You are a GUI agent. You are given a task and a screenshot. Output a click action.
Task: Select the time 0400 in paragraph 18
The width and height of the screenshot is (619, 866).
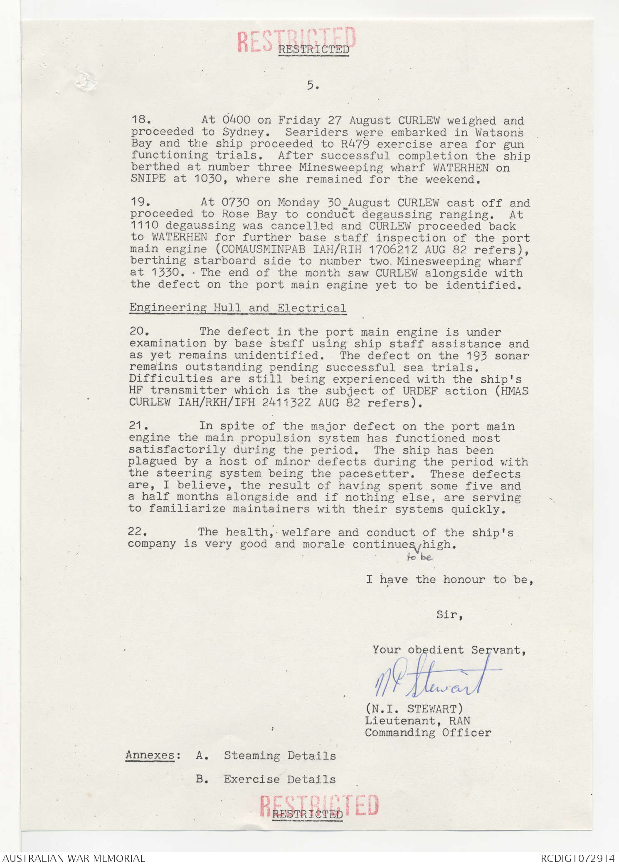coord(236,120)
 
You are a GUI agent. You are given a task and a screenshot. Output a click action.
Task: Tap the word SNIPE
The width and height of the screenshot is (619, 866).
coord(148,178)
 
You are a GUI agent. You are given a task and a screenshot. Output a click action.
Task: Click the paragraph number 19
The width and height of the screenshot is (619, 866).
coord(138,202)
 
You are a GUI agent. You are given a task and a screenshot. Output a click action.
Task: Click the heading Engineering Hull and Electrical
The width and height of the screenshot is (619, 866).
coord(237,308)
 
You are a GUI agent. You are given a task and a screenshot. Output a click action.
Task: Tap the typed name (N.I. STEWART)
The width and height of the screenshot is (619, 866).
coord(414,708)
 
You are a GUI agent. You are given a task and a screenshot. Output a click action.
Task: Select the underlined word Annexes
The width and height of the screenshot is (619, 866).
coord(150,755)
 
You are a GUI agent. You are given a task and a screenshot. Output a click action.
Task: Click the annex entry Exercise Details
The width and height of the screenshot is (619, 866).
coord(279,779)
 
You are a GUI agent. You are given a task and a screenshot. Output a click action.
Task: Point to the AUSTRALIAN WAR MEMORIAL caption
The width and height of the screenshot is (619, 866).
coord(74,858)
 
